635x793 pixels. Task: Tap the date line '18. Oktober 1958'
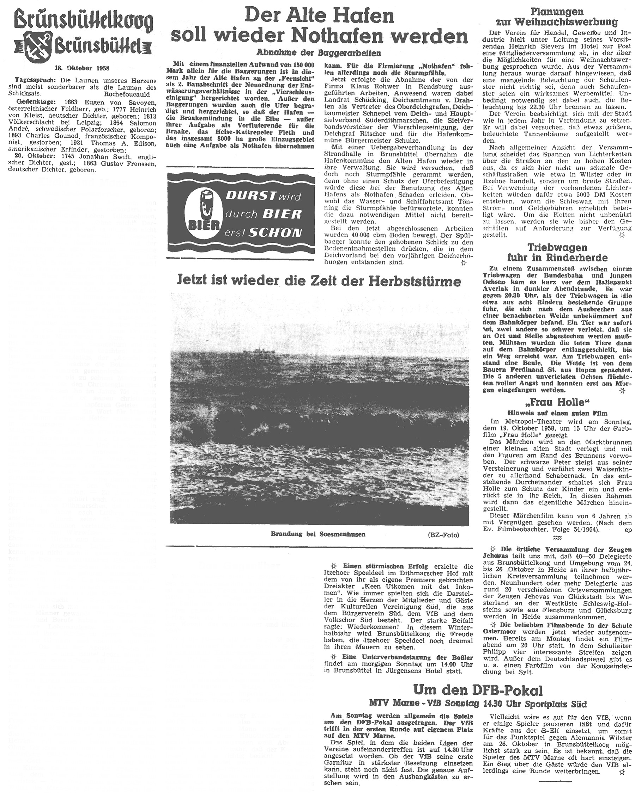point(83,68)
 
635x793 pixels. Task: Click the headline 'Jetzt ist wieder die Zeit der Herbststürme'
point(319,281)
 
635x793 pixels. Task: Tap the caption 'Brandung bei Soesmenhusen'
point(318,534)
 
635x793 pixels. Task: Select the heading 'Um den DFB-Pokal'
point(478,689)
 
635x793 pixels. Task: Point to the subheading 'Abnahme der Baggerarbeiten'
point(319,52)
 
